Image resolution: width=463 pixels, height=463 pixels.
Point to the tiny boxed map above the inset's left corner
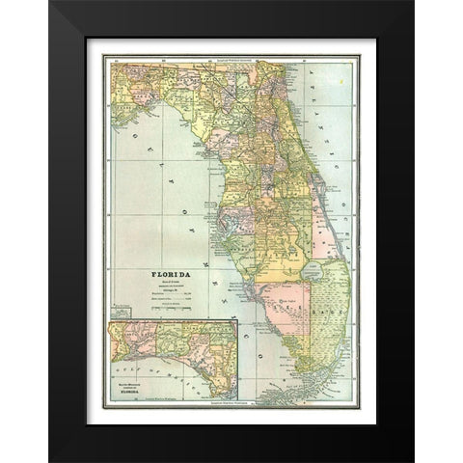pyautogui.click(x=122, y=313)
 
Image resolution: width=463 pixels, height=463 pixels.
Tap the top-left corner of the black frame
pyautogui.click(x=51, y=3)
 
